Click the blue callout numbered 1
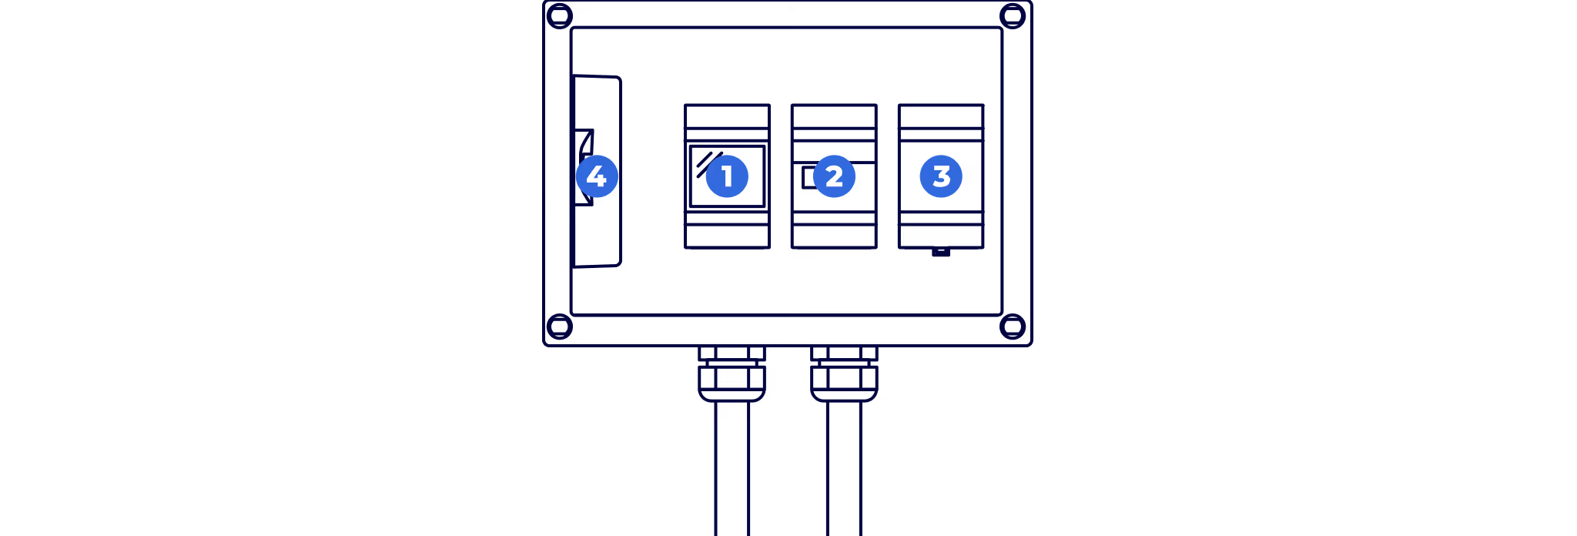coord(727,176)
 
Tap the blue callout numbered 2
coord(834,176)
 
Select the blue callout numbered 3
coord(941,176)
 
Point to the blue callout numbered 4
coord(597,176)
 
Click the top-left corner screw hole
coord(560,15)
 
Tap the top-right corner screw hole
coord(1013,15)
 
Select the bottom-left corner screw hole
coord(560,327)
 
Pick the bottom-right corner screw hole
coord(1013,327)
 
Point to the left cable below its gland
coord(732,470)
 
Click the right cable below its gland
coord(844,470)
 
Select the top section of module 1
coord(727,116)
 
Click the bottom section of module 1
coord(727,236)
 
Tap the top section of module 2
coord(834,116)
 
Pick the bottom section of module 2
coord(834,236)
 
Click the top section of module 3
coord(941,116)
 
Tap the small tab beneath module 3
coord(941,252)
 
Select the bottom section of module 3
coord(941,236)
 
